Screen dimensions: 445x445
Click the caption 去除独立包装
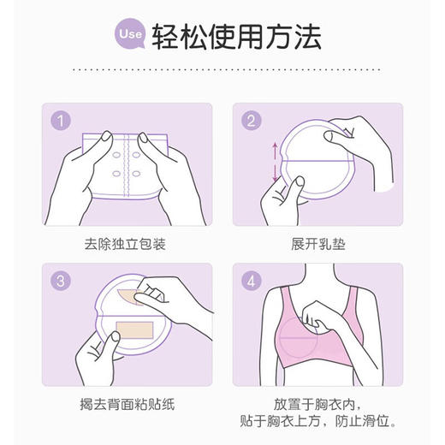126,244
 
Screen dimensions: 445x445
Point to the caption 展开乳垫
317,244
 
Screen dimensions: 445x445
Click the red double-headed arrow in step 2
275,163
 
